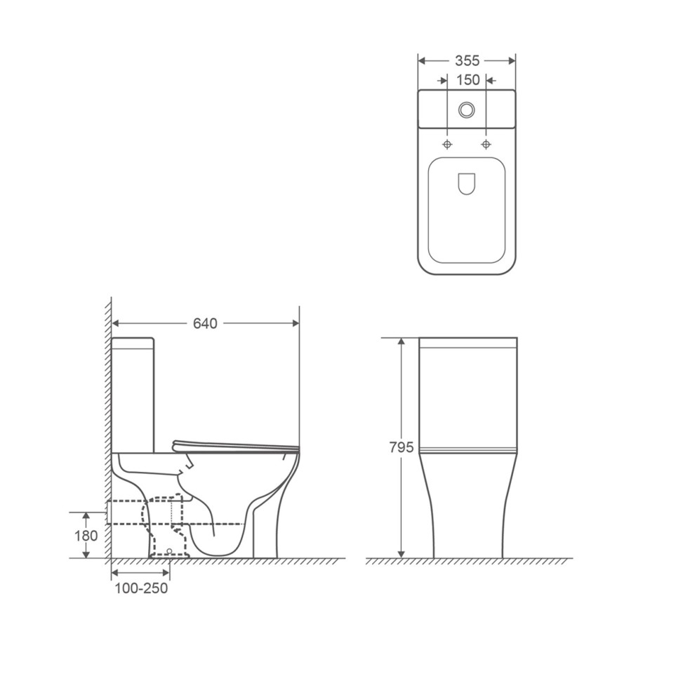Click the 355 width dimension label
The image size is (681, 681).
tap(467, 61)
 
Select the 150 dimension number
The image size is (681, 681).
tap(468, 80)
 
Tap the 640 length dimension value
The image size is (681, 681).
tap(205, 324)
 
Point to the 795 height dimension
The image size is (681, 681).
tap(402, 447)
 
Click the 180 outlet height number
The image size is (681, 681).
tap(86, 536)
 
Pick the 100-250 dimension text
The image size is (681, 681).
tap(141, 588)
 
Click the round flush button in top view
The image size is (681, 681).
tap(467, 110)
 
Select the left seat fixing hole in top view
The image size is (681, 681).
tap(447, 144)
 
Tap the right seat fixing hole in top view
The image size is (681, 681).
tap(487, 144)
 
